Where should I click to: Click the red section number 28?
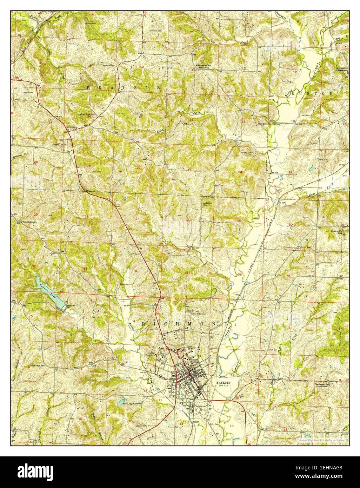[86, 216]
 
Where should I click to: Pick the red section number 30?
[291, 224]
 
